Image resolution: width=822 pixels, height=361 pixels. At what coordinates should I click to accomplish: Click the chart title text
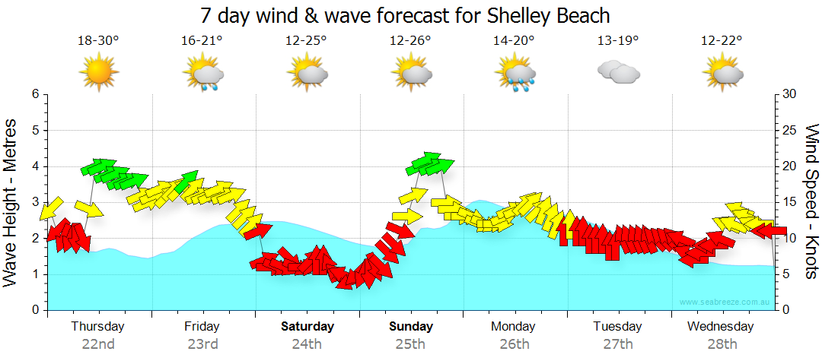(406, 15)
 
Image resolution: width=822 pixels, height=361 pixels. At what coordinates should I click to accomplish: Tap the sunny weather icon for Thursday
(99, 73)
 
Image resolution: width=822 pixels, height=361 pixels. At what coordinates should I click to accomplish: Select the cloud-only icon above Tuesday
(618, 72)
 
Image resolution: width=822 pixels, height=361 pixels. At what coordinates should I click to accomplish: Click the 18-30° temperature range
(98, 40)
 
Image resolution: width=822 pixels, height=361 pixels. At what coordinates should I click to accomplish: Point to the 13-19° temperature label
(618, 40)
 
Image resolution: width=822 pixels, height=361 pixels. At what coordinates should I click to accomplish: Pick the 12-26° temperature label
(410, 40)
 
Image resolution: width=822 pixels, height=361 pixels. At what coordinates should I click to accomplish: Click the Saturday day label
(307, 327)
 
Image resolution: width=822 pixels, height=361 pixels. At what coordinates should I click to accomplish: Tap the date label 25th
(410, 344)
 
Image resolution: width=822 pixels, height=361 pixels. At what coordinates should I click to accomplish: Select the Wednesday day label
(720, 327)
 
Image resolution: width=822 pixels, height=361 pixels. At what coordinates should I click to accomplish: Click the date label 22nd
(98, 344)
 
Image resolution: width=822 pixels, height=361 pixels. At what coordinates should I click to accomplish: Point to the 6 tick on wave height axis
(35, 94)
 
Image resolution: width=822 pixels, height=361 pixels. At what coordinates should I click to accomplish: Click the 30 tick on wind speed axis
(790, 94)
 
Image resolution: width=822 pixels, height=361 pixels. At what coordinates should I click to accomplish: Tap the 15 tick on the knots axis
(790, 202)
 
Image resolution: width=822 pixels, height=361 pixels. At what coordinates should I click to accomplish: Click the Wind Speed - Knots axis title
(810, 201)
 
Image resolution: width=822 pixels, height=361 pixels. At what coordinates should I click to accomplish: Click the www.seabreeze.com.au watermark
(726, 302)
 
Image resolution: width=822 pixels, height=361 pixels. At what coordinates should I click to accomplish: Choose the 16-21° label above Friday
(202, 40)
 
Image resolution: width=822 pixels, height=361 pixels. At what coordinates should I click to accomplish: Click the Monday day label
(513, 327)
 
